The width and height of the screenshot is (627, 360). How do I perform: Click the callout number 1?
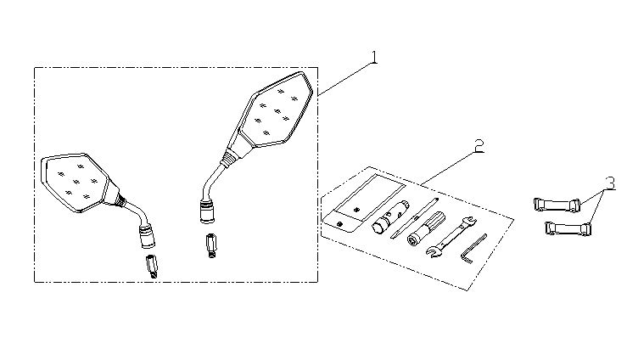click(x=374, y=57)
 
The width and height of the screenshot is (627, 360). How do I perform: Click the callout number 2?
click(x=479, y=146)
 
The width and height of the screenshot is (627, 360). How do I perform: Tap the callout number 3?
click(x=610, y=183)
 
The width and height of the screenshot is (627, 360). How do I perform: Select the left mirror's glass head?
click(x=76, y=182)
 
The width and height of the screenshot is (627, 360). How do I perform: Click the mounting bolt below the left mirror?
click(x=152, y=266)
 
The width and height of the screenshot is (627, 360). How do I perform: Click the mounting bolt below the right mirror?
click(x=211, y=245)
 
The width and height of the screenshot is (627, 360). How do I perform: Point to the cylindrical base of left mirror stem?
click(x=147, y=236)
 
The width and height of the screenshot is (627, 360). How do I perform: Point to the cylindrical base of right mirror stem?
click(x=208, y=211)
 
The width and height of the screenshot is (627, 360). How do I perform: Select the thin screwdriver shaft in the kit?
click(x=414, y=218)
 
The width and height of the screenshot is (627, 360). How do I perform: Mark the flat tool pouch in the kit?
click(x=364, y=203)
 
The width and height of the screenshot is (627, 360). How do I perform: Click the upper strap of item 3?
click(x=557, y=205)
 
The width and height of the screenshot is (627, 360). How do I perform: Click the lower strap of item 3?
click(x=568, y=228)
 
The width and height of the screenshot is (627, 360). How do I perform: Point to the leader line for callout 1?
click(x=345, y=79)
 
